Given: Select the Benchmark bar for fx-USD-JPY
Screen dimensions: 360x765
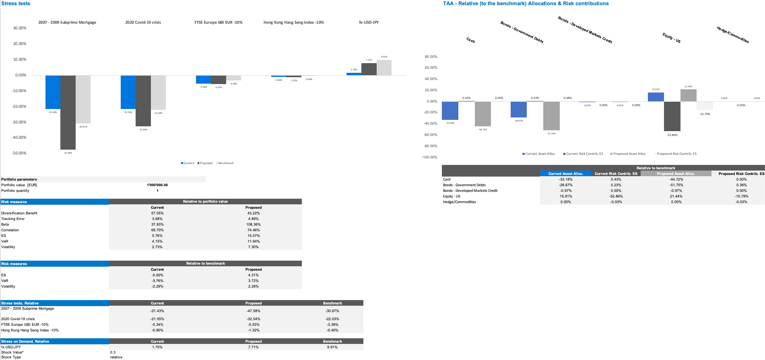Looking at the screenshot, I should pos(384,68).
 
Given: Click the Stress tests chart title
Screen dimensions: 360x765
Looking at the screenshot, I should pos(16,4).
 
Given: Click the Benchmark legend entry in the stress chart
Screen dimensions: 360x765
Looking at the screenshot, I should pos(226,163).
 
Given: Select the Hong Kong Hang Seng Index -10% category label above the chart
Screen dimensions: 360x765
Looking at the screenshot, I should pos(293,23).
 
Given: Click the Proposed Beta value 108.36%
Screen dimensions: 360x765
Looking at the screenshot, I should pos(254,224).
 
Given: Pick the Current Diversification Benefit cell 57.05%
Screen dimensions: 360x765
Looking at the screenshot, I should pos(157,213).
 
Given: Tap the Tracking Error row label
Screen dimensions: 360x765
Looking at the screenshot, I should pos(13,219).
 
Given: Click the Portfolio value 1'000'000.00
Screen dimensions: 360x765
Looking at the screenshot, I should pos(157,185).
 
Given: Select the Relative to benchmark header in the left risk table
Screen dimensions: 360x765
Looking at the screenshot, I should pos(205,263).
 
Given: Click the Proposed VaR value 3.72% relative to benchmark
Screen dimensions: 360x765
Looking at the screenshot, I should pos(254,281).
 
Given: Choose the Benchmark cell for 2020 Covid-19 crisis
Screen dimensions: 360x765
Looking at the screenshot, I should pos(332,319).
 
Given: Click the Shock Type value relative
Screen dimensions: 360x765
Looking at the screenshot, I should pos(116,357).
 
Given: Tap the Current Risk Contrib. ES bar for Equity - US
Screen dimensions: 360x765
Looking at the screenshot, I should pos(672,116).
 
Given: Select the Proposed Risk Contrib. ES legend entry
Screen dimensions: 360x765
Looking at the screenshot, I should pos(676,154).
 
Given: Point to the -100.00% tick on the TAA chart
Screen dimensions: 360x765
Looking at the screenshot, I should pos(429,157).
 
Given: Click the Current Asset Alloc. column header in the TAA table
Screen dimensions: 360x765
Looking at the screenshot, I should pos(565,174).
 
